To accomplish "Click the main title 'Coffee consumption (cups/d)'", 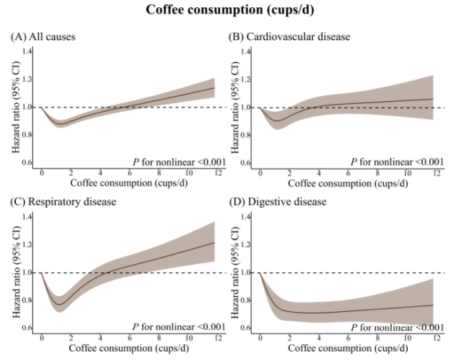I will pyautogui.click(x=227, y=10).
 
